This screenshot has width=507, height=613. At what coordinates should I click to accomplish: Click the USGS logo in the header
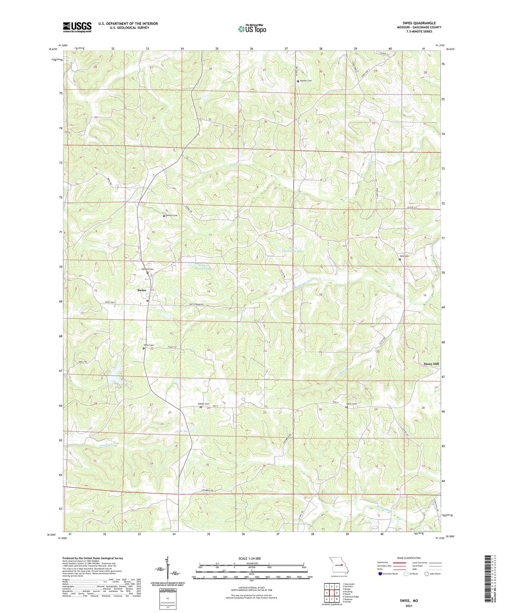(77, 27)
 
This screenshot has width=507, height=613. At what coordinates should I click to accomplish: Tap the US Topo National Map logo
(252, 29)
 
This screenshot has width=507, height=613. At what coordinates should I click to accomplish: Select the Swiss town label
(142, 290)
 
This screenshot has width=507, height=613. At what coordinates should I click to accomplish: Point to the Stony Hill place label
(431, 364)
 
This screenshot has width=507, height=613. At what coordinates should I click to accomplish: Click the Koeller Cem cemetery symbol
(298, 81)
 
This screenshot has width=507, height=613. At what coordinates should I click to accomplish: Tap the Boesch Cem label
(171, 215)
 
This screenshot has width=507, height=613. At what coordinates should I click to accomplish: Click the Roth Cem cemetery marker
(400, 260)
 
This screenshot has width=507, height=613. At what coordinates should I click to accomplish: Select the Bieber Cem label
(203, 404)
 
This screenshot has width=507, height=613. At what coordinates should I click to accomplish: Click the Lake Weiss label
(184, 431)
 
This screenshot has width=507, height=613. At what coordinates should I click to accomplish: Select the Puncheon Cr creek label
(110, 445)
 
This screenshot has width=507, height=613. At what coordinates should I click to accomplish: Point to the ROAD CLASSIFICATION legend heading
(409, 558)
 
